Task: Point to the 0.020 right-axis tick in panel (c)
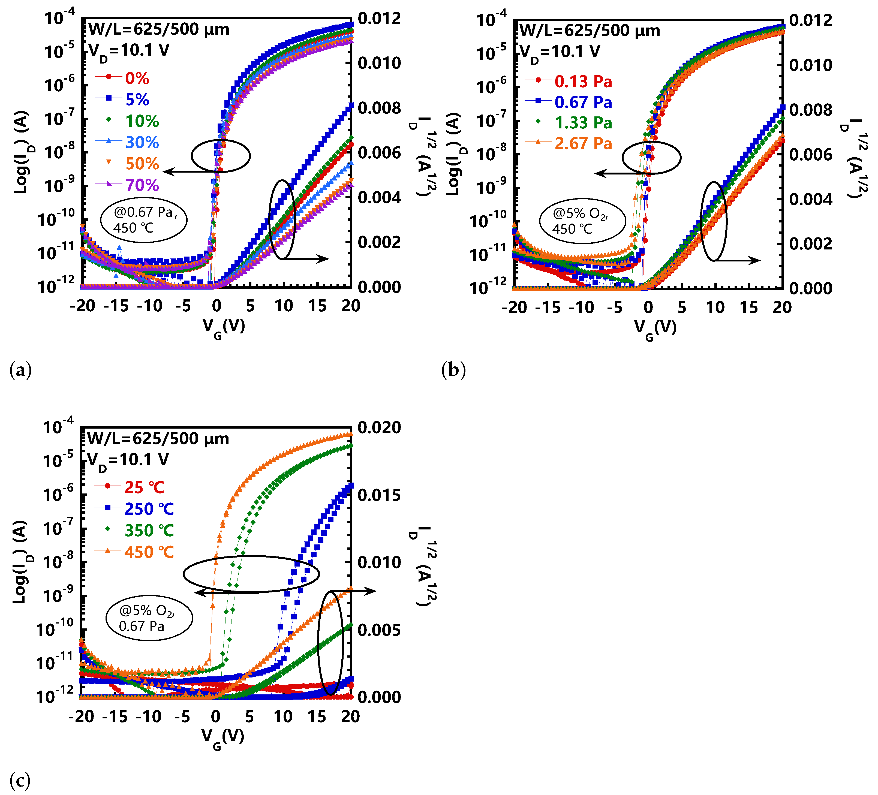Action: (x=379, y=427)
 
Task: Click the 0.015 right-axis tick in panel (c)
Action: (x=379, y=495)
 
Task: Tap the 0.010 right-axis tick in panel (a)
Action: (x=379, y=63)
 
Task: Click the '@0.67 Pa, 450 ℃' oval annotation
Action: (x=144, y=220)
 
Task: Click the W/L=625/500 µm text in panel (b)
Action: (x=590, y=31)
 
